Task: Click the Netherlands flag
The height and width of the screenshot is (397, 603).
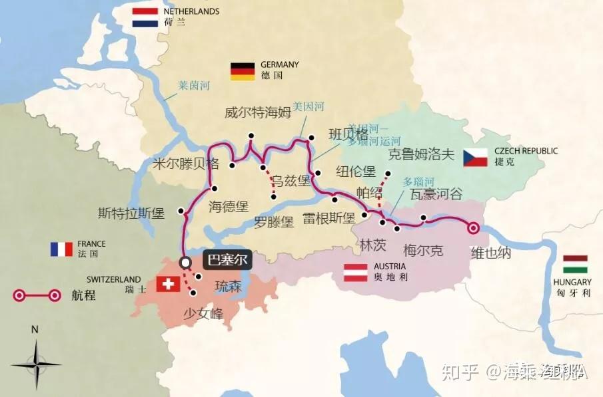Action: click(x=145, y=17)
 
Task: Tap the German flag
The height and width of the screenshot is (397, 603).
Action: click(x=243, y=70)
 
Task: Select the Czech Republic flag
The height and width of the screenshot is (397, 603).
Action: click(x=476, y=157)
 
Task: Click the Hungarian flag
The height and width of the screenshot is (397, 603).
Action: click(x=574, y=264)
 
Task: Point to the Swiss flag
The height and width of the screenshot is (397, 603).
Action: click(x=168, y=284)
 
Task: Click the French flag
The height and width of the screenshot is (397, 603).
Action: click(x=61, y=249)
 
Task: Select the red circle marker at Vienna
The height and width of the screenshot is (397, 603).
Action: click(x=473, y=227)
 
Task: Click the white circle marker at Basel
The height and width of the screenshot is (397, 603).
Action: click(x=185, y=262)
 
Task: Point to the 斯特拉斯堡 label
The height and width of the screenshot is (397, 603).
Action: click(x=131, y=213)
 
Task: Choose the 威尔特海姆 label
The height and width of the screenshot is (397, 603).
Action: click(x=258, y=112)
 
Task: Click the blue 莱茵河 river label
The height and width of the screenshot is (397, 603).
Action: click(x=194, y=86)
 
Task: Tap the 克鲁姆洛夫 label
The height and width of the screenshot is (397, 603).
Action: click(x=420, y=156)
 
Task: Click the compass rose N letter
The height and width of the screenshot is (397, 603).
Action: click(x=35, y=329)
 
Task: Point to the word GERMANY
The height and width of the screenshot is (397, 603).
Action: click(x=280, y=65)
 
